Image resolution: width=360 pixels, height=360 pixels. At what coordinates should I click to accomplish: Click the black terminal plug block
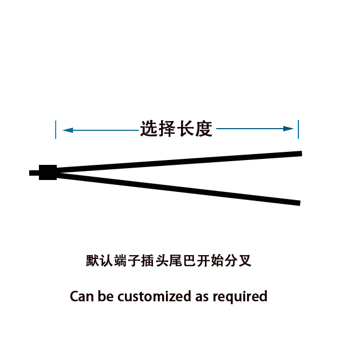tap(48, 172)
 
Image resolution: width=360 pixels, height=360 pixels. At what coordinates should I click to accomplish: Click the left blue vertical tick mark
tap(56, 130)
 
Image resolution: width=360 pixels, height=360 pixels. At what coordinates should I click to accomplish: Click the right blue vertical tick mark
tap(298, 129)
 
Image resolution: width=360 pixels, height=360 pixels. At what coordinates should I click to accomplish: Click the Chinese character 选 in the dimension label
tap(149, 129)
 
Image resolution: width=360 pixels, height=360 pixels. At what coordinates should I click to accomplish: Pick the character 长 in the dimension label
tap(186, 129)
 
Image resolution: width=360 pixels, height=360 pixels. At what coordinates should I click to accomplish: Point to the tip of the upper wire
tap(299, 154)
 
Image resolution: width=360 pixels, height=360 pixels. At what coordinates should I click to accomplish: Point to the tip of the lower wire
tap(298, 203)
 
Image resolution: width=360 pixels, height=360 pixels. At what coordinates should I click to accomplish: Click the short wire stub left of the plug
tap(34, 173)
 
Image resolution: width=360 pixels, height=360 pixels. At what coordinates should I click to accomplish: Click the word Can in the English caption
tap(82, 296)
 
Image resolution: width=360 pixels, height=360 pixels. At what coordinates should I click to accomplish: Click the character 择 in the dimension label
tap(168, 129)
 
